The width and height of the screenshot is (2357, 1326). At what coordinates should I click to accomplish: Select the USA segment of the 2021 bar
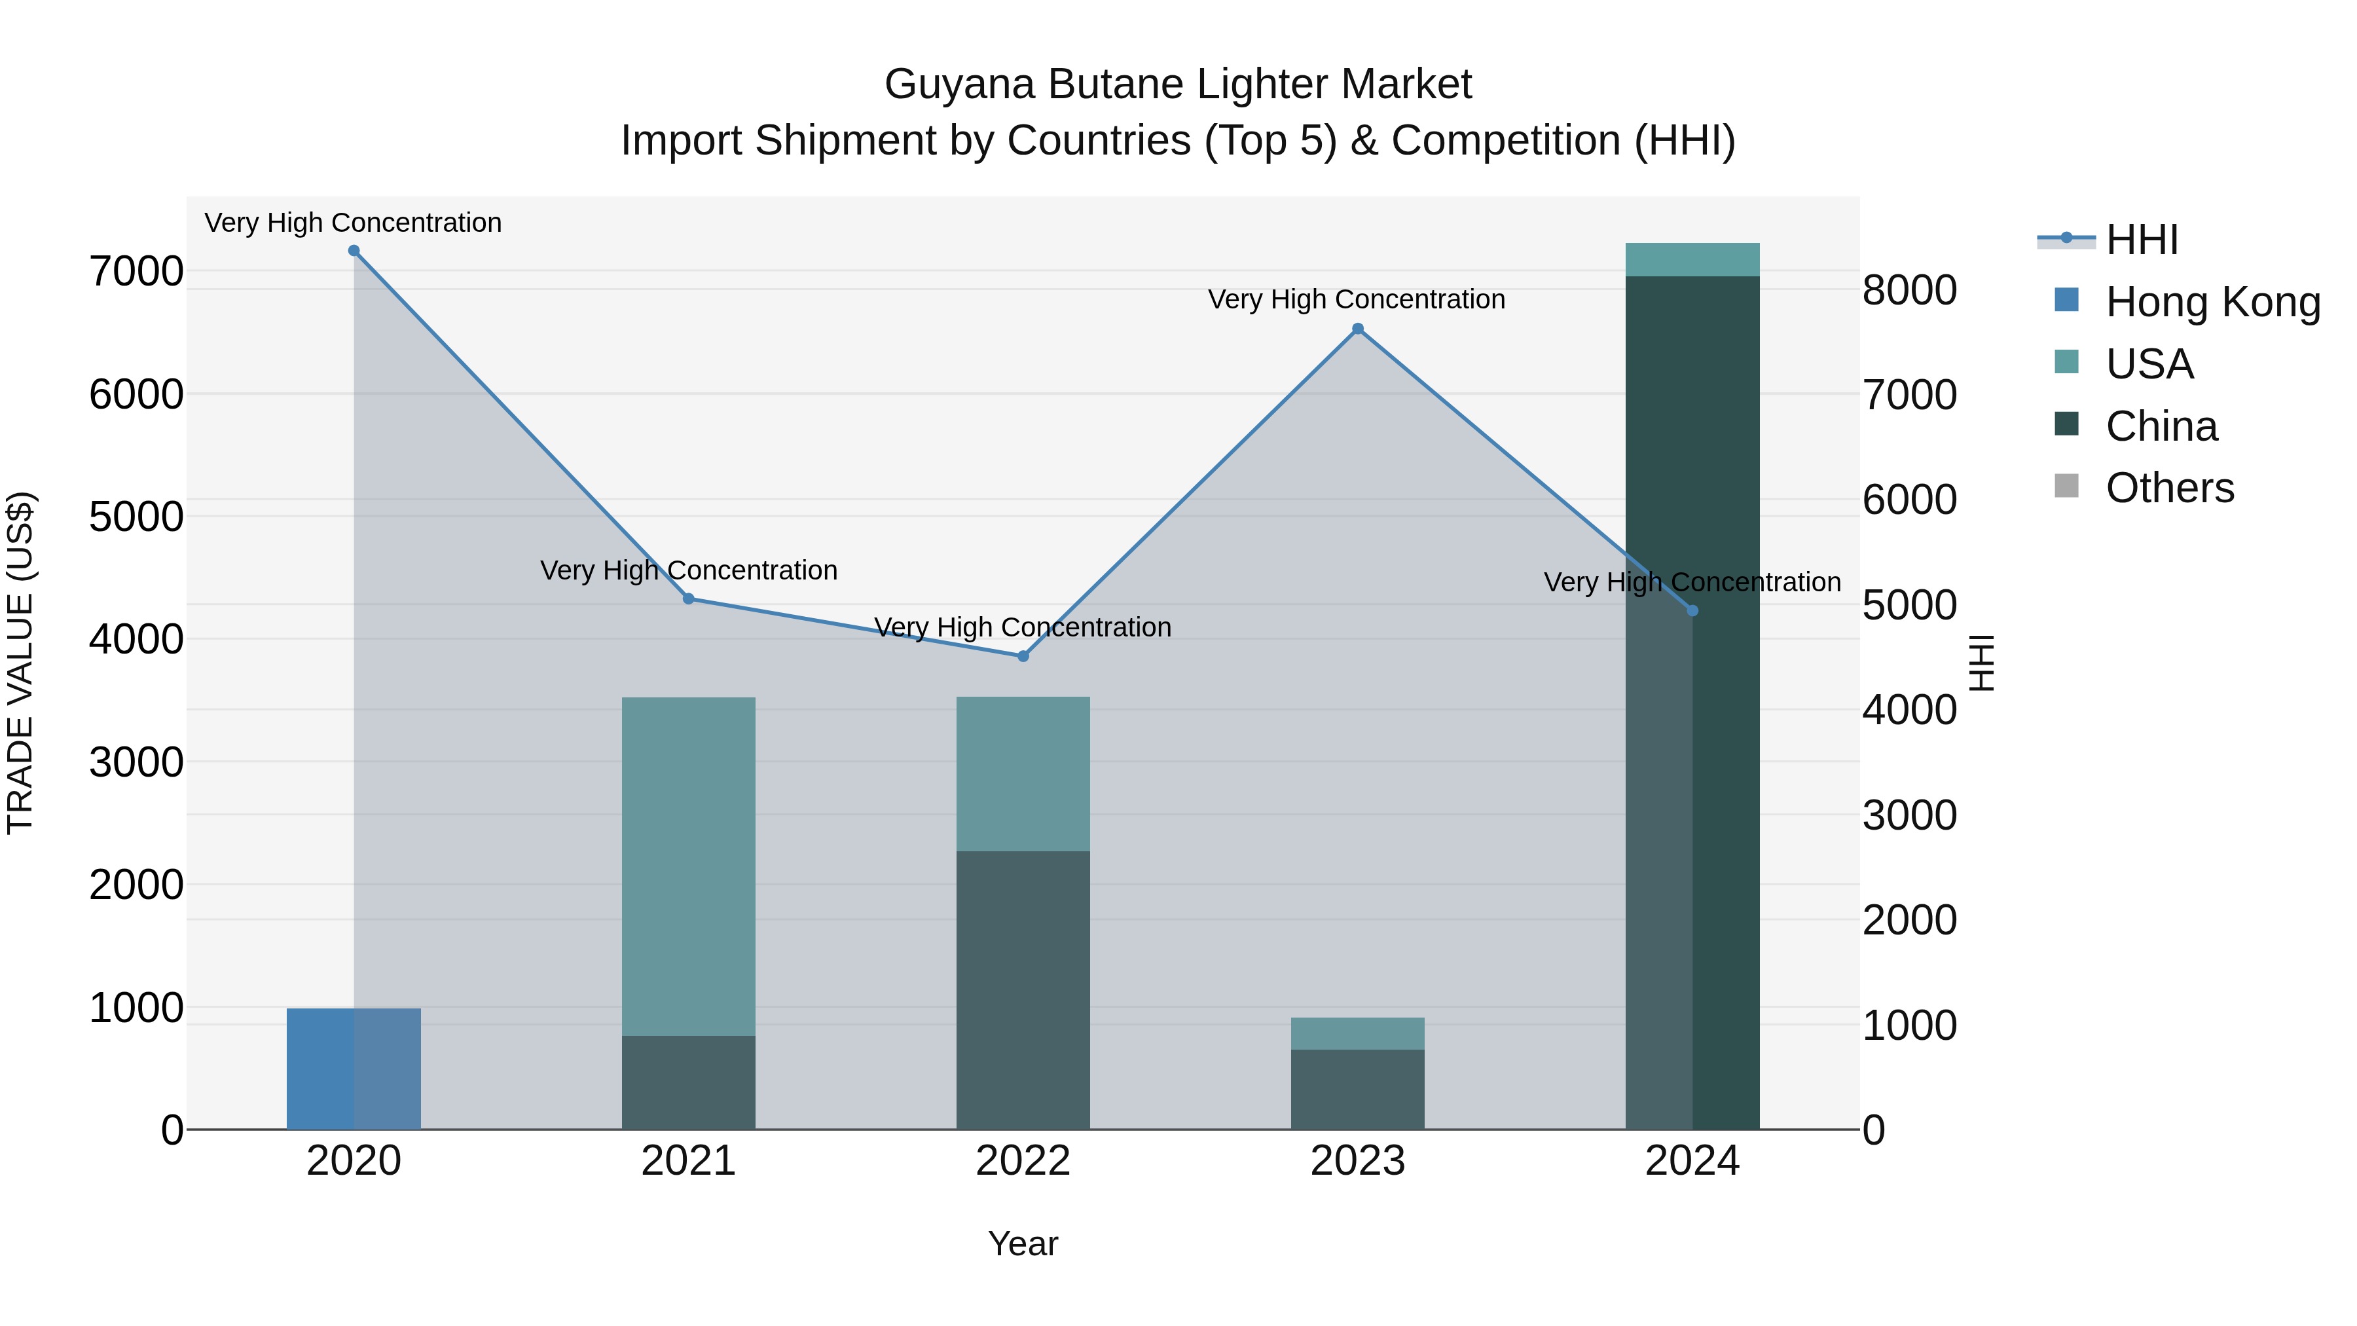click(688, 866)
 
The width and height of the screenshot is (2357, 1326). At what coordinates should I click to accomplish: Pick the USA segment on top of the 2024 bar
click(1692, 259)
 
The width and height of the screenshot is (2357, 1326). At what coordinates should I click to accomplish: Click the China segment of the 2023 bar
click(1357, 1088)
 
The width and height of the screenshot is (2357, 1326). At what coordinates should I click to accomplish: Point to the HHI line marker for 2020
click(354, 251)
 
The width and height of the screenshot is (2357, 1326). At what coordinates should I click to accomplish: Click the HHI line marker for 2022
click(1023, 656)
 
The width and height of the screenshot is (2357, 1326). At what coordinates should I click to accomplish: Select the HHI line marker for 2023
click(1358, 329)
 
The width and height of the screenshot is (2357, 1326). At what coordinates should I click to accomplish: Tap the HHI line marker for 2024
click(1692, 610)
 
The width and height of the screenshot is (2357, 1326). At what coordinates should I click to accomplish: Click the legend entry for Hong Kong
click(2212, 302)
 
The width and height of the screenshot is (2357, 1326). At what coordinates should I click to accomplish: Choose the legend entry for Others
click(2168, 488)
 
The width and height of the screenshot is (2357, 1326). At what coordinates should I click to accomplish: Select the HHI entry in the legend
click(2141, 240)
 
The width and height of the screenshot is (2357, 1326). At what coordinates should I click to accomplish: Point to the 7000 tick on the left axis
click(136, 272)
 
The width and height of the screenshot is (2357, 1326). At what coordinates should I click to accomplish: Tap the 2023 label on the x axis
click(1357, 1160)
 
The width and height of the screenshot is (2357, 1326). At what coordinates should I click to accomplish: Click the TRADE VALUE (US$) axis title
click(20, 663)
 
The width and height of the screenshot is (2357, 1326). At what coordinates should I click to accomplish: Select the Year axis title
click(1023, 1243)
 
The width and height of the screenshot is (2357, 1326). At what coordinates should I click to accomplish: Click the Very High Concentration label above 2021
click(688, 570)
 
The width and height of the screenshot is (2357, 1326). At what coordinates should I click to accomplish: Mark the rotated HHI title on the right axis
click(1981, 663)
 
